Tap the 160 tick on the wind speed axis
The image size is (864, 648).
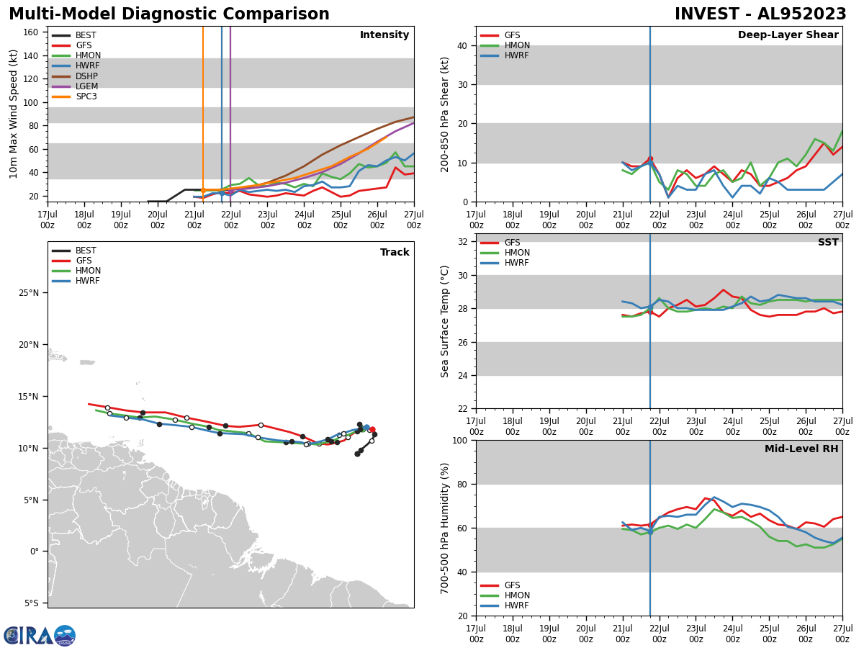pyautogui.click(x=32, y=32)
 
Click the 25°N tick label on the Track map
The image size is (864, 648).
pyautogui.click(x=28, y=293)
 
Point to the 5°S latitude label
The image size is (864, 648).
pyautogui.click(x=30, y=603)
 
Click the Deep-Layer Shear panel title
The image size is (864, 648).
pyautogui.click(x=788, y=35)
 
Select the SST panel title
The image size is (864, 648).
pyautogui.click(x=827, y=243)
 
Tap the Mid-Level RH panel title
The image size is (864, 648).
pyautogui.click(x=801, y=449)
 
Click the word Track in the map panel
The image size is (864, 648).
pyautogui.click(x=395, y=253)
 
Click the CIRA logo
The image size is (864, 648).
pyautogui.click(x=39, y=636)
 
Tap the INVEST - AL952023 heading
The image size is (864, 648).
pyautogui.click(x=760, y=14)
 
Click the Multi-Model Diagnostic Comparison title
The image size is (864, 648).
pyautogui.click(x=169, y=14)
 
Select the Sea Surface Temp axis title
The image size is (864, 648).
pyautogui.click(x=445, y=321)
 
